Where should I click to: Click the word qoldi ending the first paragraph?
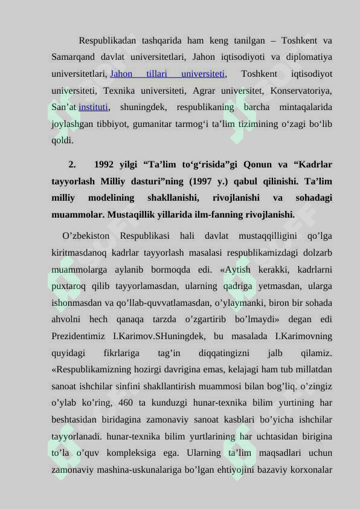coord(62,141)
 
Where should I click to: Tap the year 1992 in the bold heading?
coord(104,164)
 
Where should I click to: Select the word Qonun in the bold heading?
coord(253,164)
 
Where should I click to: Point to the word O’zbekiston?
coord(86,235)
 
